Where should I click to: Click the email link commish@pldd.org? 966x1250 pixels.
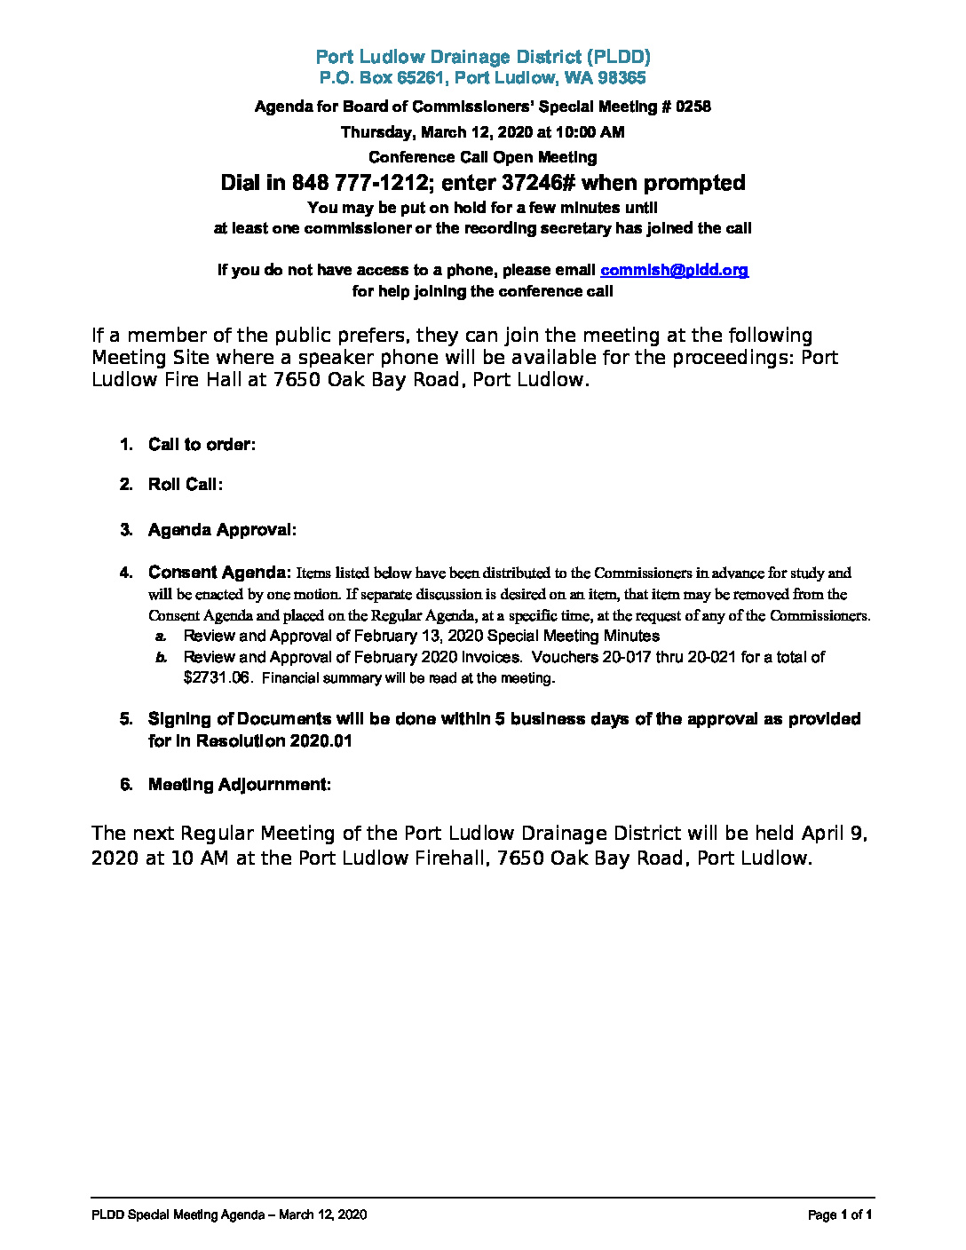[674, 270]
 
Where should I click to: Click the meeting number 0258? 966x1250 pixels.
[693, 107]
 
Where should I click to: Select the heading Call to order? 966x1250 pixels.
[202, 445]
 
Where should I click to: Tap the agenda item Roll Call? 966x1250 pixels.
[185, 485]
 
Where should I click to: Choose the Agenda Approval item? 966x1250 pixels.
[222, 530]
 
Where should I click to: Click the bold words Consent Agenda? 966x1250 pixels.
[219, 573]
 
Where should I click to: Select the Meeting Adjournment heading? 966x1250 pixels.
[239, 785]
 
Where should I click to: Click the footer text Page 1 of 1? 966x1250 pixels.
[840, 1214]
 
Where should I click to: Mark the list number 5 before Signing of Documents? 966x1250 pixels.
[126, 719]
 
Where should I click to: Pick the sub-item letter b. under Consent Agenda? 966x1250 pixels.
[161, 658]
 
